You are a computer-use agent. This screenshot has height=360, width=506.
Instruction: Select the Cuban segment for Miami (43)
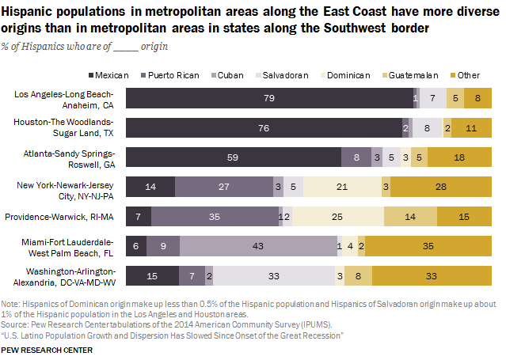tap(258, 246)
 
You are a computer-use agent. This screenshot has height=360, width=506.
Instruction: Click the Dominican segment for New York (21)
tap(341, 187)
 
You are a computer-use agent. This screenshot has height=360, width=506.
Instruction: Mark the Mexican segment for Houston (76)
tap(264, 127)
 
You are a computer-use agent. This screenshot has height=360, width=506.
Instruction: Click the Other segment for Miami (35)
tap(427, 246)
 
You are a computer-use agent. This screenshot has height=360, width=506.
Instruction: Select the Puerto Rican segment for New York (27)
tap(223, 187)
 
